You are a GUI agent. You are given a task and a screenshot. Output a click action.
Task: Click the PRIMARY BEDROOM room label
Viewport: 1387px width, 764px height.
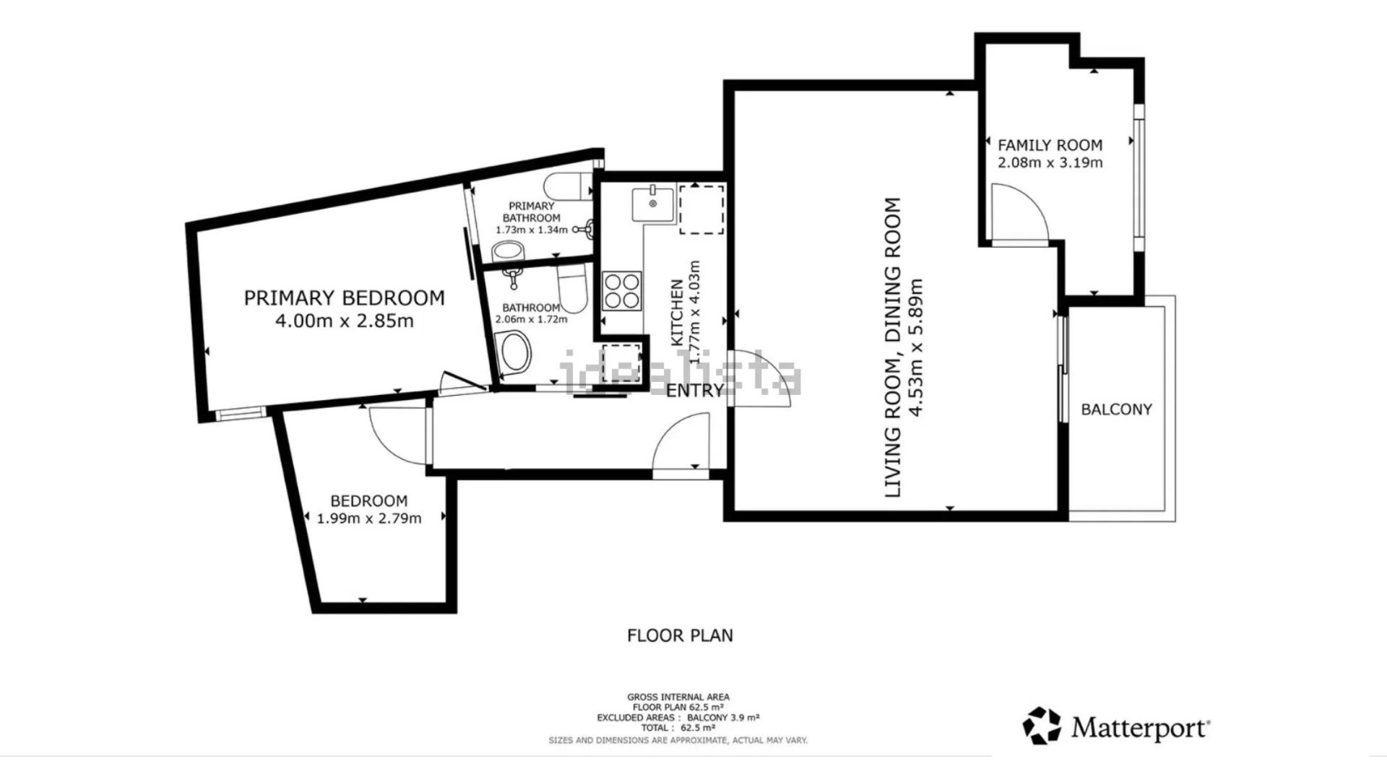(x=344, y=298)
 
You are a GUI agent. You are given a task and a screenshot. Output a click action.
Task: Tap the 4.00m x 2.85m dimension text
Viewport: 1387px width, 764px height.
(x=345, y=321)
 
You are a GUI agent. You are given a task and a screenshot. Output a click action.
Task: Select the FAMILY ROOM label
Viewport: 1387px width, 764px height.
(x=1050, y=145)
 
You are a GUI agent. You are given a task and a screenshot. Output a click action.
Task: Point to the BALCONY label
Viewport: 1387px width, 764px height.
(x=1116, y=409)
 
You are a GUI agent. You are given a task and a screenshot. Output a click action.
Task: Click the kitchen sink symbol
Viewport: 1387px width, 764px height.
(x=652, y=204)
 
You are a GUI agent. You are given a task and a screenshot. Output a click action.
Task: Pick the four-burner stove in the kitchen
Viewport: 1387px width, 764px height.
(x=623, y=291)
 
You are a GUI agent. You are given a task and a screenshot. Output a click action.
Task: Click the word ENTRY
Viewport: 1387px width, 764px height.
(x=694, y=391)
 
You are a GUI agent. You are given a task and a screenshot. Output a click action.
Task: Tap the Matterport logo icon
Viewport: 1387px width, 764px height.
(x=1042, y=726)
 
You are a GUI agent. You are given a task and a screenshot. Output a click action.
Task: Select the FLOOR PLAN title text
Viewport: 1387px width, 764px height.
(x=680, y=635)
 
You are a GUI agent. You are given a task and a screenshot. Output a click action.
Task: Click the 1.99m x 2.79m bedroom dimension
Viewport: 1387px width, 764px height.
(x=369, y=518)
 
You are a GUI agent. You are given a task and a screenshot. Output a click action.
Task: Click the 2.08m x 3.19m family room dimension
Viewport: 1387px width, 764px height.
(x=1050, y=162)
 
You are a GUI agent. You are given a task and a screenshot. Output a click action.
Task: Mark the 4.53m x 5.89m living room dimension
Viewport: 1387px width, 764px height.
(x=916, y=347)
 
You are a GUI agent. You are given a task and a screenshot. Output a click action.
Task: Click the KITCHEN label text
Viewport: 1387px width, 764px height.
(x=678, y=312)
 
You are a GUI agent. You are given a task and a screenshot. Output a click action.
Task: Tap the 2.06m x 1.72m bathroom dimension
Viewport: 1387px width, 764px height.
(x=531, y=319)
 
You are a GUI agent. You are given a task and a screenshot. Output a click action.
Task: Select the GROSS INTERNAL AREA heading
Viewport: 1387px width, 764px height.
(x=678, y=698)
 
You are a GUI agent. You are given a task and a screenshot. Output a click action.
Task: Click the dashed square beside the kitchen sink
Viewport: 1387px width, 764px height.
(x=701, y=209)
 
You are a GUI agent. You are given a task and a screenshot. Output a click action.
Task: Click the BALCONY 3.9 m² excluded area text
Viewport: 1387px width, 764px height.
(x=722, y=718)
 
